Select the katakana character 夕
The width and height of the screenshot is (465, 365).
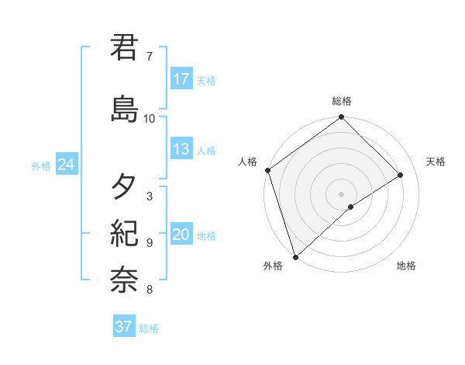pos(125,186)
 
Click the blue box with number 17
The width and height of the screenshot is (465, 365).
pos(181,79)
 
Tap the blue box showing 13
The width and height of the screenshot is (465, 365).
pos(181,149)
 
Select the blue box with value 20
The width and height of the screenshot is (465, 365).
pos(181,235)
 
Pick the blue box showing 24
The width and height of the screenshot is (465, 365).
pos(67,165)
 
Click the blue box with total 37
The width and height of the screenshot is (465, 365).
pos(124,327)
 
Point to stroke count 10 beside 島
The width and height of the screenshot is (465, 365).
pos(150,119)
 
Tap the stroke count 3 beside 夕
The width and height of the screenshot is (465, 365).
pos(149,196)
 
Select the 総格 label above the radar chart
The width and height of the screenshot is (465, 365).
pos(342,102)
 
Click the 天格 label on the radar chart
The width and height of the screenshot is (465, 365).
pos(436,162)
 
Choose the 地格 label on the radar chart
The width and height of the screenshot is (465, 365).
pos(406,266)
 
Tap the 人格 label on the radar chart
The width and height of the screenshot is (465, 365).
pos(247,162)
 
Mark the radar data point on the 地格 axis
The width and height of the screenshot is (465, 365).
pos(351,207)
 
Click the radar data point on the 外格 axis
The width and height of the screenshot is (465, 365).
pos(294,256)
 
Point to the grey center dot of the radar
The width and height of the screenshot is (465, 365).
pos(341,193)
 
